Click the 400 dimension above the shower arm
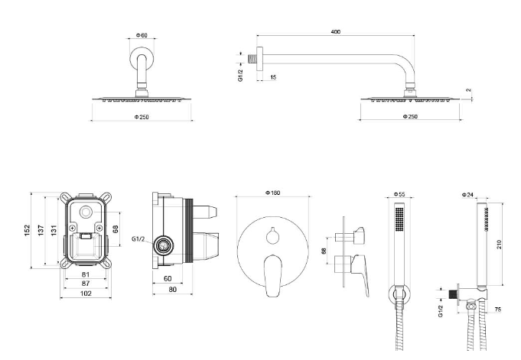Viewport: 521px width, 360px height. point(336,32)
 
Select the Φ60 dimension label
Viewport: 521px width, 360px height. point(142,35)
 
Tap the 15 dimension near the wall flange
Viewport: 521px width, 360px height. point(273,77)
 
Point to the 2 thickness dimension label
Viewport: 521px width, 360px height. point(468,90)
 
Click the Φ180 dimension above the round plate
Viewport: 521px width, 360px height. point(273,193)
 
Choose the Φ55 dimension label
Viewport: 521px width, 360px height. point(399,194)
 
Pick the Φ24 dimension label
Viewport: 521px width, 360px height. point(467,195)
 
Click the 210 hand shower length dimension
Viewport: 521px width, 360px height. point(499,245)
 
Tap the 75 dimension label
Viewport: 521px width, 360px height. point(498,310)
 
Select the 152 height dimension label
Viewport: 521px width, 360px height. point(28,231)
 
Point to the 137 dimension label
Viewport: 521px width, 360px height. point(41,231)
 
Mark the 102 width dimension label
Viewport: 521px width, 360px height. point(86,294)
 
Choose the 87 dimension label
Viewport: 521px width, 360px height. point(86,284)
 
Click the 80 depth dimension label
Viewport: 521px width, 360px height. point(172,289)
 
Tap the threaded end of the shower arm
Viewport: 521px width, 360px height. point(252,59)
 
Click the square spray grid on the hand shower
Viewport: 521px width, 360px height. point(399,219)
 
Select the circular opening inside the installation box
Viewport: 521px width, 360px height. point(86,212)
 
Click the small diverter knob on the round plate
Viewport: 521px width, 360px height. point(273,235)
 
